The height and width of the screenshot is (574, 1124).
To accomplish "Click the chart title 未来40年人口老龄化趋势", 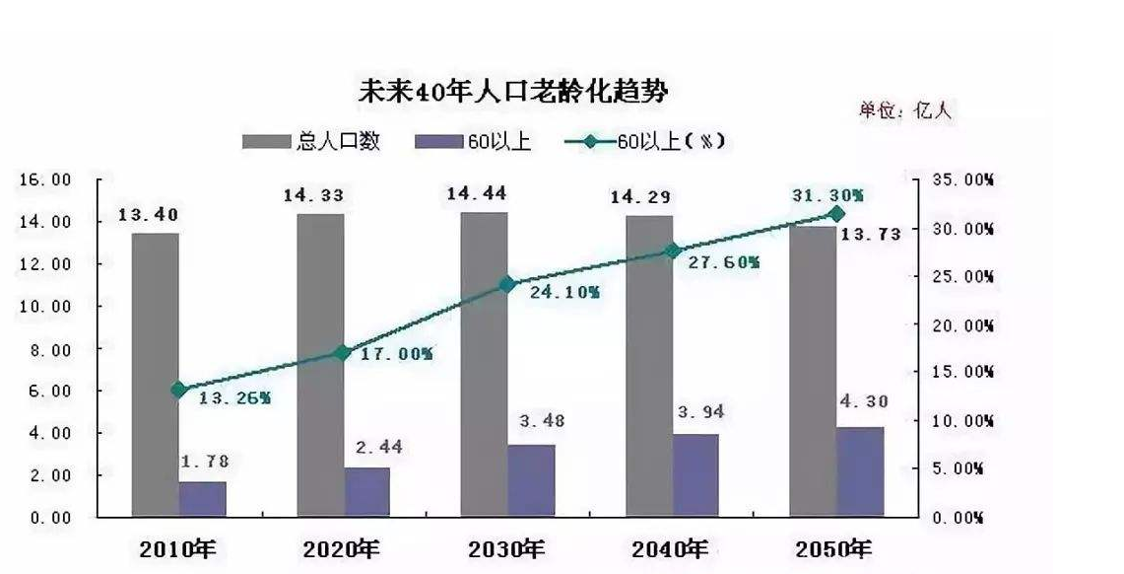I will [x=511, y=92].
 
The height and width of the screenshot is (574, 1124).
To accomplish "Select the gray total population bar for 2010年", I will [x=156, y=375].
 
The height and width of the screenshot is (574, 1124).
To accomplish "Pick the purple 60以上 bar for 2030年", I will [x=532, y=480].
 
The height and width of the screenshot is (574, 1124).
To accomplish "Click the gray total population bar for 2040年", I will [x=649, y=365].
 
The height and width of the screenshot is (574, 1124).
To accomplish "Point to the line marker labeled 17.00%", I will [x=342, y=352].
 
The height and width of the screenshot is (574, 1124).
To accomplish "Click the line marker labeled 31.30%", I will [x=838, y=214].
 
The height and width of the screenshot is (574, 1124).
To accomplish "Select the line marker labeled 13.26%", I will [x=178, y=390].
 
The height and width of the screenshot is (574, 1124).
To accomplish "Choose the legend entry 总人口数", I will [x=311, y=141].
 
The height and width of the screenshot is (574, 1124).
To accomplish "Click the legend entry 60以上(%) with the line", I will [x=646, y=141].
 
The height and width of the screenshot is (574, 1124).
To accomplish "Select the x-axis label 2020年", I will [x=340, y=548].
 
